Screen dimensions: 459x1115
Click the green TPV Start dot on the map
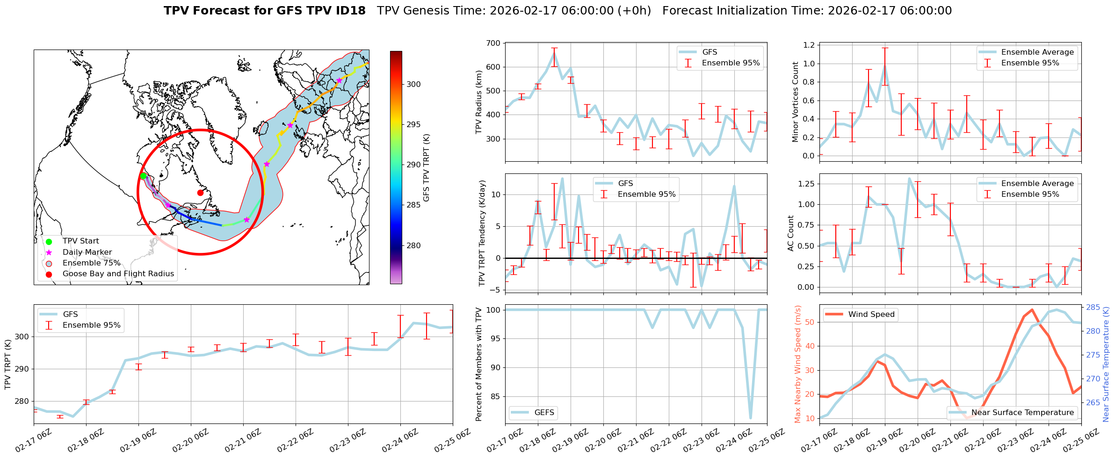tap(144, 176)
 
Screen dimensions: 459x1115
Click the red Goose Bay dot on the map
tap(200, 193)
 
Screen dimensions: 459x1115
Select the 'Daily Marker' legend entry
tap(87, 252)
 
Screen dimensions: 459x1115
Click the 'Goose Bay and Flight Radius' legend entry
tap(118, 274)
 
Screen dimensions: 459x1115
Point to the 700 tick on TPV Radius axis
tap(494, 43)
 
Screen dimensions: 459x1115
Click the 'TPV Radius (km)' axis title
tap(479, 102)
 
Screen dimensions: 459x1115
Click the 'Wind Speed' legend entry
tap(871, 314)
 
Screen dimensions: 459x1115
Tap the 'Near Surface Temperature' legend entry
tap(1022, 412)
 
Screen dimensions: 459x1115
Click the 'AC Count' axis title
tap(791, 233)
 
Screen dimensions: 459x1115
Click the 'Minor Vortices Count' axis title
tap(796, 102)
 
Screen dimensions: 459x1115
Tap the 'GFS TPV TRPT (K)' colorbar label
tap(427, 168)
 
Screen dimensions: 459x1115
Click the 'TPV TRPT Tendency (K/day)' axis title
tap(482, 233)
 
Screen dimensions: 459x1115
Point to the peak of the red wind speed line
tap(1032, 309)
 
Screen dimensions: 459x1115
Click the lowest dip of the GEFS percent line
tap(751, 418)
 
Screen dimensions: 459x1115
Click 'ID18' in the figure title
tap(350, 11)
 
